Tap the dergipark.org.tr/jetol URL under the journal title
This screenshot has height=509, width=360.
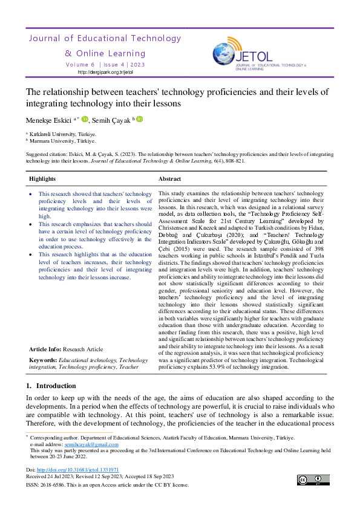106,72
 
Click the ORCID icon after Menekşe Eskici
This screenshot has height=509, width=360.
85,119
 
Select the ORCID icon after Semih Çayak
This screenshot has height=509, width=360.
139,119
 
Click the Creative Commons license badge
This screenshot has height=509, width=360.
314,481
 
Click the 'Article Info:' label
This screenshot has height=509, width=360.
44,349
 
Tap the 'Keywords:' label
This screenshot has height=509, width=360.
43,360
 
